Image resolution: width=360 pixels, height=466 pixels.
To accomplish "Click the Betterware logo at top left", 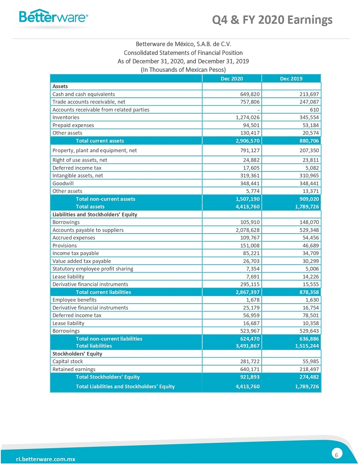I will click(53, 17).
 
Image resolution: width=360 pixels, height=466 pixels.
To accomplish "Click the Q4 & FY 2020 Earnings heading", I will click(272, 20).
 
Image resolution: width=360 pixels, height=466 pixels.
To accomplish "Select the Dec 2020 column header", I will click(232, 79).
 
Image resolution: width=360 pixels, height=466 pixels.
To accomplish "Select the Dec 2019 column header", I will click(291, 79).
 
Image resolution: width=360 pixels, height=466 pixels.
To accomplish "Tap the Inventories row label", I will click(66, 117).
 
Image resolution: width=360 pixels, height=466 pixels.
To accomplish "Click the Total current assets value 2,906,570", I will click(248, 141).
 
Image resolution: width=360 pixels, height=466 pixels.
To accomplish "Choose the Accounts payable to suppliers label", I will click(88, 230).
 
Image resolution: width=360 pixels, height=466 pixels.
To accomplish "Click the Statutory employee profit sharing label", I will click(92, 269).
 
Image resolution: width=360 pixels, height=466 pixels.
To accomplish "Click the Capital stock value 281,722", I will click(249, 361).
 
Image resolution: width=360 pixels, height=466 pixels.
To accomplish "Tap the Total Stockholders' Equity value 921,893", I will click(249, 377).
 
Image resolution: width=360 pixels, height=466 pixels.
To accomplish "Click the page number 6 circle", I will click(337, 454).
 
